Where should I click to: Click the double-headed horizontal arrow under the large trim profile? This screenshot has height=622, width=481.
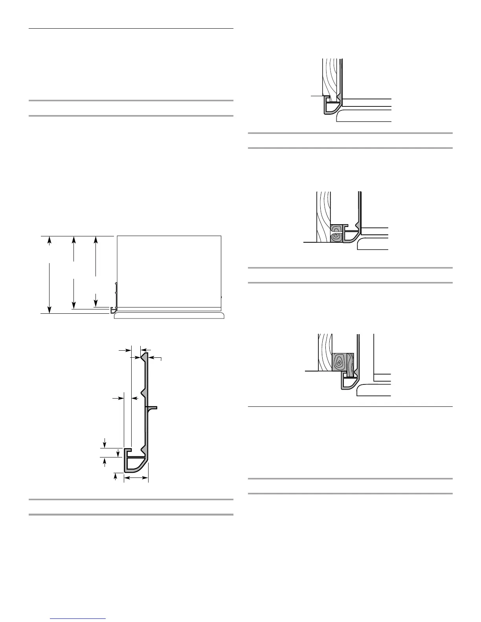[x=136, y=478]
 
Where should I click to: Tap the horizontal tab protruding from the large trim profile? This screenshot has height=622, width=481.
[x=153, y=408]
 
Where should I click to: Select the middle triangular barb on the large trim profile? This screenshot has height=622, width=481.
[x=145, y=393]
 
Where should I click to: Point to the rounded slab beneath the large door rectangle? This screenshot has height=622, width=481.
[x=169, y=316]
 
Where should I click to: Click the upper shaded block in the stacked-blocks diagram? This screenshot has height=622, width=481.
[x=336, y=229]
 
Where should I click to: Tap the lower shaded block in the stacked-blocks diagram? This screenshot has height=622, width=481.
[x=336, y=237]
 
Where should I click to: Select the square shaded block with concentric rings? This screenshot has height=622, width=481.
[x=339, y=362]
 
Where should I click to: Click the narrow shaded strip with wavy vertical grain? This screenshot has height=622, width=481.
[x=351, y=364]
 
